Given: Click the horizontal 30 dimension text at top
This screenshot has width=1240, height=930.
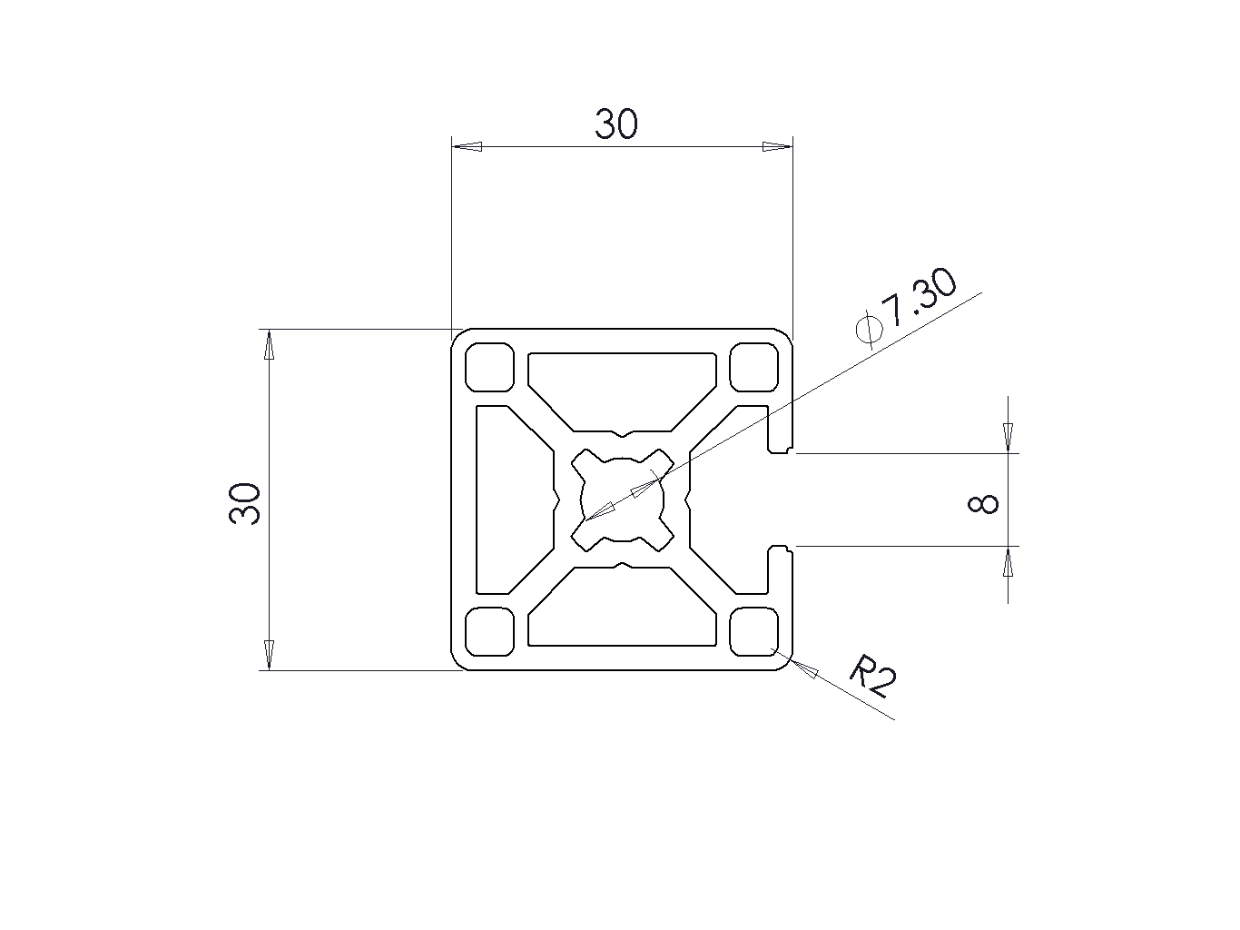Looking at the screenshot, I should pyautogui.click(x=616, y=124).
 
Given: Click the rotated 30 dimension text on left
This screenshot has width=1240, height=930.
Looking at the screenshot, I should pyautogui.click(x=246, y=504).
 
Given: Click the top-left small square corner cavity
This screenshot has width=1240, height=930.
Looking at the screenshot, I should pyautogui.click(x=489, y=367).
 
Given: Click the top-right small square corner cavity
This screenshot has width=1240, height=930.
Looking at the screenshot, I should pyautogui.click(x=755, y=367).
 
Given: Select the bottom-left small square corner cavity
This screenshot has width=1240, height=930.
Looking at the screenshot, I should pyautogui.click(x=489, y=631).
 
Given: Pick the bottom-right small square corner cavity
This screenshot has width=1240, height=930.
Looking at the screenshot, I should pyautogui.click(x=755, y=631).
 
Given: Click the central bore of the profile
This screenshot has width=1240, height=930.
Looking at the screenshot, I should pyautogui.click(x=622, y=500).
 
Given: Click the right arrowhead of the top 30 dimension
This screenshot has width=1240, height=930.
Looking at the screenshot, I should pyautogui.click(x=776, y=146).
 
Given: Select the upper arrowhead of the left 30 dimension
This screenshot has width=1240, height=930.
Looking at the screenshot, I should pyautogui.click(x=269, y=345).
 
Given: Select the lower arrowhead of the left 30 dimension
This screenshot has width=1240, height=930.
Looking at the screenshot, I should pyautogui.click(x=269, y=654).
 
